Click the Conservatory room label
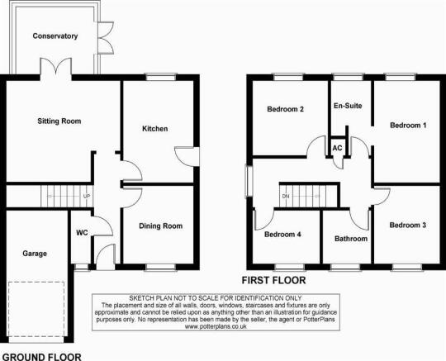pyautogui.click(x=55, y=36)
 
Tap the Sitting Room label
pyautogui.click(x=59, y=121)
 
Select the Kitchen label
pyautogui.click(x=155, y=129)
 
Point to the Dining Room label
pyautogui.click(x=161, y=226)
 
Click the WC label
pyautogui.click(x=82, y=233)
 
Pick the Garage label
pyautogui.click(x=35, y=254)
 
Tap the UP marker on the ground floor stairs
pyautogui.click(x=87, y=197)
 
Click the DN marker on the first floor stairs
pyautogui.click(x=286, y=197)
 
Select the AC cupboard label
pyautogui.click(x=337, y=148)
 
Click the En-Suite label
pyautogui.click(x=348, y=106)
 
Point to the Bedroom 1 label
pyautogui.click(x=408, y=126)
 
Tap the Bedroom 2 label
pyautogui.click(x=285, y=109)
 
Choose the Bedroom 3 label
pyautogui.click(x=408, y=226)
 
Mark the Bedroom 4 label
pyautogui.click(x=282, y=235)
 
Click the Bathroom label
pyautogui.click(x=351, y=239)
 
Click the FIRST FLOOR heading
pyautogui.click(x=273, y=281)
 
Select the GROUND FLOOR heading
pyautogui.click(x=42, y=357)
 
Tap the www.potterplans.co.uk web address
pyautogui.click(x=216, y=326)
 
